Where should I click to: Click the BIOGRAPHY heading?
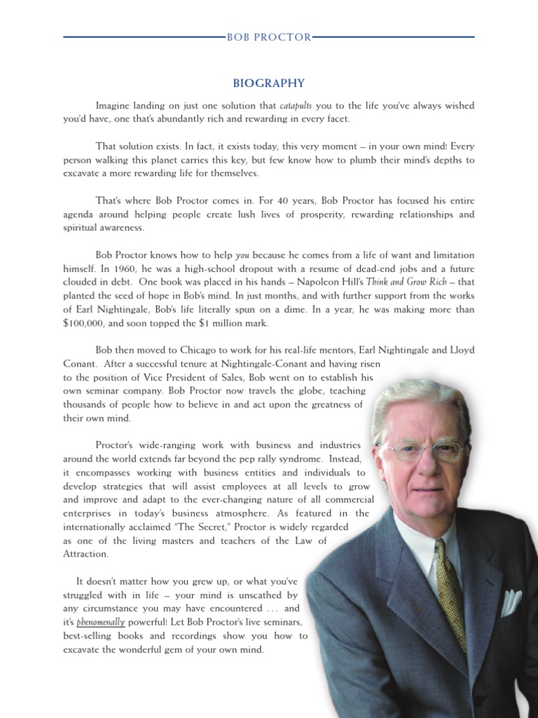pyautogui.click(x=269, y=83)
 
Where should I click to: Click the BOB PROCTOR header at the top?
pyautogui.click(x=269, y=36)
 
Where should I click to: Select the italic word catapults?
pyautogui.click(x=296, y=106)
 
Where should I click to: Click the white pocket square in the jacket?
pyautogui.click(x=511, y=602)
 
